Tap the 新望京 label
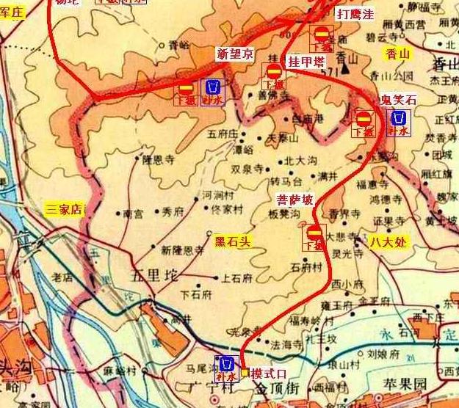234,54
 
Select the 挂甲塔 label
306,61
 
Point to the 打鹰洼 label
355,14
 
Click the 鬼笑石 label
397,98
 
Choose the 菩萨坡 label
294,199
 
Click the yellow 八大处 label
388,241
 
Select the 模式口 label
268,373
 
